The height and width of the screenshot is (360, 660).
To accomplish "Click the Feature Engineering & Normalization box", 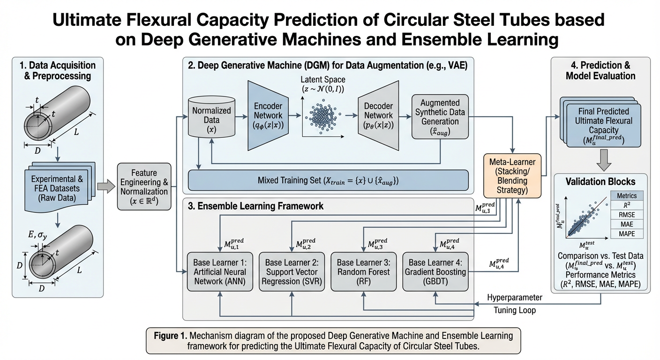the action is click(x=144, y=187).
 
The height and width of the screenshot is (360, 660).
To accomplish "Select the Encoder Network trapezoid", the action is click(x=268, y=115).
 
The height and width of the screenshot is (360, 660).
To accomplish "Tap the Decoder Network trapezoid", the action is click(x=378, y=115).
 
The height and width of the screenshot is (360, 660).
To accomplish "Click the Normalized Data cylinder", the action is click(x=211, y=117).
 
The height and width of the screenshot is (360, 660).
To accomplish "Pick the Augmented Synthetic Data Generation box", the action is click(x=440, y=117).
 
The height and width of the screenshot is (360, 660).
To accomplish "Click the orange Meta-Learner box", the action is click(x=512, y=176).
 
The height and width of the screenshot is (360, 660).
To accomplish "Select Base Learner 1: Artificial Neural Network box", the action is click(x=220, y=271).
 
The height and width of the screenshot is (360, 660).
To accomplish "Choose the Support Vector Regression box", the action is click(x=292, y=271).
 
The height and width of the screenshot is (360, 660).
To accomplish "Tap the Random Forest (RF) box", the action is click(x=364, y=271).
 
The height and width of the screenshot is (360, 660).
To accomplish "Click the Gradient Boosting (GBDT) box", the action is click(x=435, y=271).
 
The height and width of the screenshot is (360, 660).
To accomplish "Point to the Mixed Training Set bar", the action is click(x=328, y=180).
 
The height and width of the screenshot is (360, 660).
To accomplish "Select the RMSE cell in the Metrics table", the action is click(x=627, y=215).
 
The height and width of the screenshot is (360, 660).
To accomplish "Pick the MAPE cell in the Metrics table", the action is click(x=627, y=233).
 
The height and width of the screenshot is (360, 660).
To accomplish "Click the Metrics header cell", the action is click(x=627, y=195).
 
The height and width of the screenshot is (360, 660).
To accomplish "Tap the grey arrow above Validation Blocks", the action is click(x=604, y=160).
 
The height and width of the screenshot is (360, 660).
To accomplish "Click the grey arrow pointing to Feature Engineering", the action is click(x=106, y=187).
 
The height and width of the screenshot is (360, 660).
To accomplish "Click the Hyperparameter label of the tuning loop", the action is click(x=514, y=298).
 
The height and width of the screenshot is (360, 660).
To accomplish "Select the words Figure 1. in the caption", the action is click(x=170, y=336).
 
